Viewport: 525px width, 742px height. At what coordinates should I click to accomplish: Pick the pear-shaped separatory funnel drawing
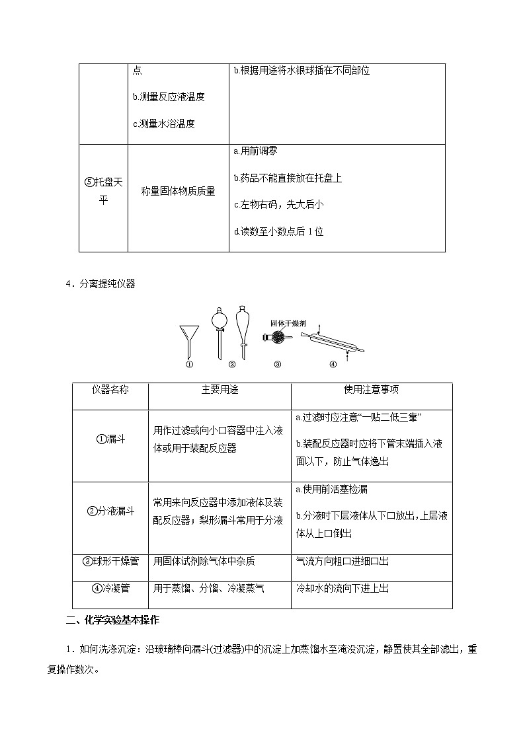(x=243, y=330)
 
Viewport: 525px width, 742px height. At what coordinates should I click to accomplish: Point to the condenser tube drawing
(x=333, y=340)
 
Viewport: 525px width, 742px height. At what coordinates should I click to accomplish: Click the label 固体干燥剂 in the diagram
(x=288, y=324)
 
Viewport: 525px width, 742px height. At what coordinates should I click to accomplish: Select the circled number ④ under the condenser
(x=333, y=363)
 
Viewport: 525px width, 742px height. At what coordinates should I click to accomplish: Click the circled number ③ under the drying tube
(x=277, y=363)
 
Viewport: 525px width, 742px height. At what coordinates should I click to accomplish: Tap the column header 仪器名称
(x=110, y=390)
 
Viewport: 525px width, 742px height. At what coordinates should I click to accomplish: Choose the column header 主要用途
(x=220, y=390)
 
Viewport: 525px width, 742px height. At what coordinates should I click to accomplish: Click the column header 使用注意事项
(x=372, y=390)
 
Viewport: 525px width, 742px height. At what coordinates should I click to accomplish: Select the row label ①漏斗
(x=110, y=439)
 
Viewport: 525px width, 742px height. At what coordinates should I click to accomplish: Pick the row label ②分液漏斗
(x=110, y=511)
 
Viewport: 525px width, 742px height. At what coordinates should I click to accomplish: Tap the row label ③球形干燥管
(x=110, y=561)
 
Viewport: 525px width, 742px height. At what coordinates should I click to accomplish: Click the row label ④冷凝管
(x=110, y=587)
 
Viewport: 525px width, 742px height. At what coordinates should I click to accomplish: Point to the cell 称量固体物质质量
(x=179, y=192)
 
